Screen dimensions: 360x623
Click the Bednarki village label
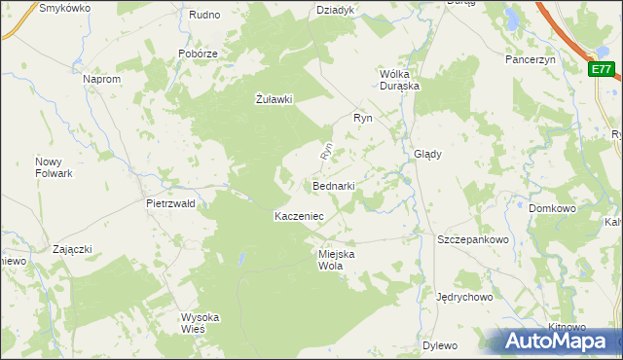point(333,186)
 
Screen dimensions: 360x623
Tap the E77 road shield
point(602,69)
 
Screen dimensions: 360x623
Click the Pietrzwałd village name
point(170,204)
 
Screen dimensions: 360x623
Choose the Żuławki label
point(274,98)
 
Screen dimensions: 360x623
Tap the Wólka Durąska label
point(399,79)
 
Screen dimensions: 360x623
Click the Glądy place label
point(428,154)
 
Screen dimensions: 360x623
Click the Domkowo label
point(553,208)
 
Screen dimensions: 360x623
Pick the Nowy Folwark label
point(55,167)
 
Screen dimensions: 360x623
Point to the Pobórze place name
point(197,54)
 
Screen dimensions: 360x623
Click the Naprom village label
point(101,79)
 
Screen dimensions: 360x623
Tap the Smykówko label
point(64,7)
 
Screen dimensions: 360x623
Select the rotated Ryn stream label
point(327,152)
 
